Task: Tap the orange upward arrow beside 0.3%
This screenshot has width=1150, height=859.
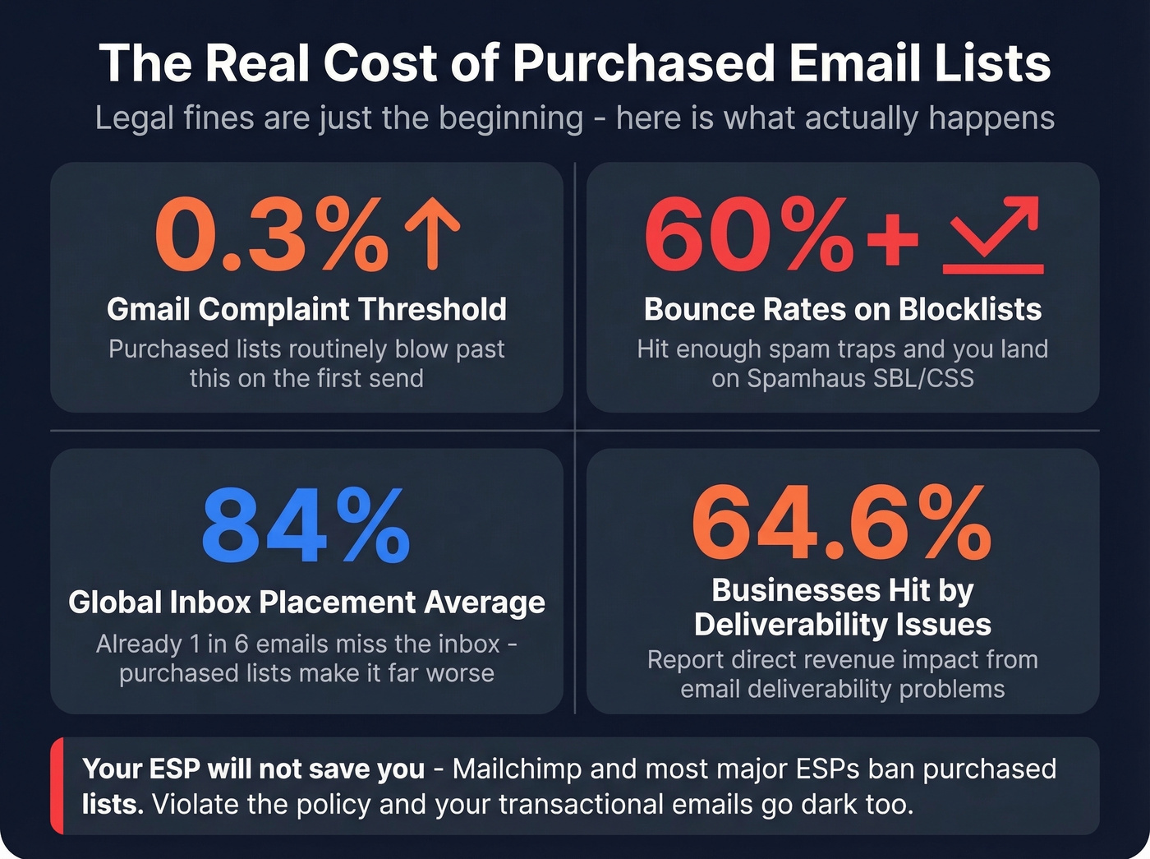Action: coord(432,233)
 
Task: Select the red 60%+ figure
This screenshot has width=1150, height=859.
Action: coord(780,235)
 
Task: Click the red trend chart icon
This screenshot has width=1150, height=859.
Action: coord(993,235)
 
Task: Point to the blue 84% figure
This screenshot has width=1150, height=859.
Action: coord(306,526)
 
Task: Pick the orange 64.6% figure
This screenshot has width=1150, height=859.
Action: coord(842,523)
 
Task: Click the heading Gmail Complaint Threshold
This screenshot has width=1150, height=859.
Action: coord(306,309)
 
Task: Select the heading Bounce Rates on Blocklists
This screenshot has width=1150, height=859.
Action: coord(842,309)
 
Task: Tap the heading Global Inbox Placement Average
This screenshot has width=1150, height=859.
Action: coord(306,603)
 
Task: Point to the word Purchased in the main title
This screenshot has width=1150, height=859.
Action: coord(642,63)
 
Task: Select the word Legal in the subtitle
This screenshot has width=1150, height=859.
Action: coord(134,118)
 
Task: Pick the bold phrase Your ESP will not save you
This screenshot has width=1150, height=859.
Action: coord(253,769)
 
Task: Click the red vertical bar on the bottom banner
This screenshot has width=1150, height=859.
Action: coord(57,786)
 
